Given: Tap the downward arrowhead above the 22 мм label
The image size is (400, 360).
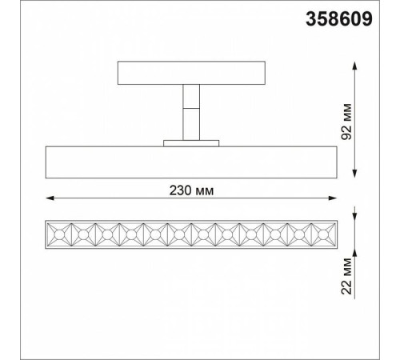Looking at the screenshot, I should tap(353, 218).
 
